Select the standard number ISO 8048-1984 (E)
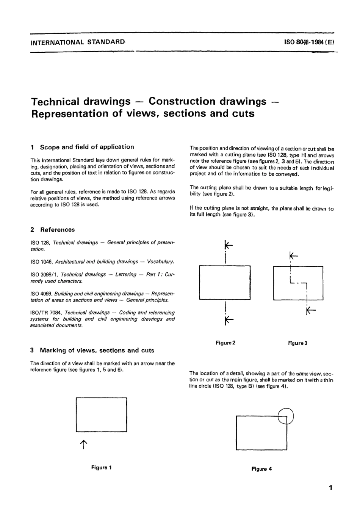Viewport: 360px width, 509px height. (x=309, y=42)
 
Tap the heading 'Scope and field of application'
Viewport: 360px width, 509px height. (x=87, y=147)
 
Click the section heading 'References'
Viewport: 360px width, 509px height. (x=57, y=230)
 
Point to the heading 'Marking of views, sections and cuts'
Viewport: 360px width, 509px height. (x=97, y=350)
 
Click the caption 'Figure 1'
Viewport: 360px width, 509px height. (x=102, y=468)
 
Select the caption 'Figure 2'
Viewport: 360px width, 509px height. (x=225, y=343)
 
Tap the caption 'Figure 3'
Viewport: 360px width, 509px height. (x=297, y=343)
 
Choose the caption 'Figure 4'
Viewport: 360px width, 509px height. (x=261, y=469)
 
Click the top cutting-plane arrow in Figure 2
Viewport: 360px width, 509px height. (x=228, y=246)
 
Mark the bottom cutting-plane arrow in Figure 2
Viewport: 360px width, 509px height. (x=229, y=320)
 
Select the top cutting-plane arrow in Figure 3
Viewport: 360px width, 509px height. (x=293, y=256)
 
